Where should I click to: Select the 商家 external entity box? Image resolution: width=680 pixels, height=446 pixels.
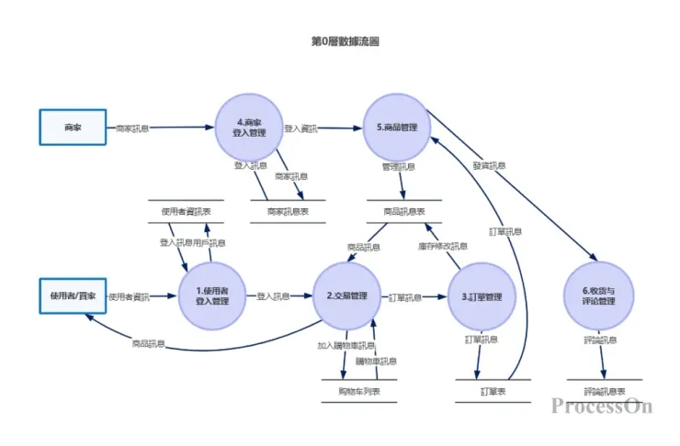coord(73,128)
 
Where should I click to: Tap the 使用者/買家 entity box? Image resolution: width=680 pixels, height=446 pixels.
coord(73,295)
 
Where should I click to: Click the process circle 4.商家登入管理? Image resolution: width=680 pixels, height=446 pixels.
coord(250,128)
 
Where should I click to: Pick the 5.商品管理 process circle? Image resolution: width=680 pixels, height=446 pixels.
coord(397,128)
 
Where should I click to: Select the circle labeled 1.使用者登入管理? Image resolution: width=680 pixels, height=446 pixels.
coord(212,295)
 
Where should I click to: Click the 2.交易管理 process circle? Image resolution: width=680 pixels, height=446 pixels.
coord(346,296)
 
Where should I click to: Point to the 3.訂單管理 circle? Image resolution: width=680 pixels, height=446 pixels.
coord(482,296)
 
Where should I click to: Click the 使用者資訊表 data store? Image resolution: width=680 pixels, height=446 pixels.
coord(187,211)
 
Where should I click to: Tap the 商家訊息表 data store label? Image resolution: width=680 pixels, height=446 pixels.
coord(288,211)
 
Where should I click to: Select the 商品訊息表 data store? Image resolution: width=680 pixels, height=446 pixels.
coord(403,211)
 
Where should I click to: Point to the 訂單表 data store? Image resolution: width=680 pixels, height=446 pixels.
coord(493,392)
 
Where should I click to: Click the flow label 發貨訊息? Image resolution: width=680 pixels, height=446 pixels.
coord(489,166)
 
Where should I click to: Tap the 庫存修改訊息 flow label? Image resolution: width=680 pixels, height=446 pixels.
coord(443,246)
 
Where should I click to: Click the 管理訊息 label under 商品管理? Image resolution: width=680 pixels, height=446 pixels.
coord(398,167)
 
